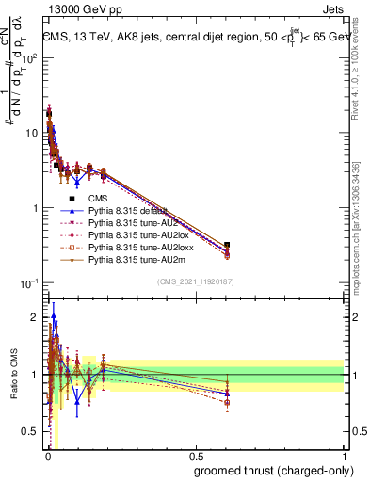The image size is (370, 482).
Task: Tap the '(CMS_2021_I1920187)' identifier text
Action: (x=196, y=282)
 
